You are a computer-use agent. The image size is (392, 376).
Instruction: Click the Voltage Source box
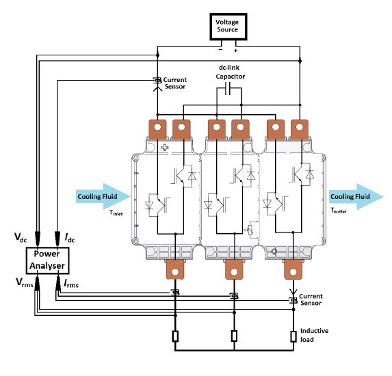click(x=228, y=27)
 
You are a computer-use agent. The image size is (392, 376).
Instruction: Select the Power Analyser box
click(x=47, y=260)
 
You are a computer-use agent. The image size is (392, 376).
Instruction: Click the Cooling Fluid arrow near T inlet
click(x=103, y=196)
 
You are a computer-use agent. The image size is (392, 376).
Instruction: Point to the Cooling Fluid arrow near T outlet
click(x=356, y=197)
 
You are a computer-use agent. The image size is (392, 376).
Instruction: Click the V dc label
click(x=21, y=237)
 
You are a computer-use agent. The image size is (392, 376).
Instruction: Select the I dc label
click(x=70, y=237)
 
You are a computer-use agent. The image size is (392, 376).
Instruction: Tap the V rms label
click(x=25, y=282)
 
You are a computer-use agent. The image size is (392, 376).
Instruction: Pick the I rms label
click(x=71, y=284)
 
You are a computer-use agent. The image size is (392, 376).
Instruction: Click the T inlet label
click(x=116, y=213)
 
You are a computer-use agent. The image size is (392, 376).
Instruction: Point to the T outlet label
click(x=339, y=211)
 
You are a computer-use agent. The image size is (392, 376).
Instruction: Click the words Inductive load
click(x=314, y=335)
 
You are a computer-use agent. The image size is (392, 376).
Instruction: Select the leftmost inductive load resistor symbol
click(x=175, y=336)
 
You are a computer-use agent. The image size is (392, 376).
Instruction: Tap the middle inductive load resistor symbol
click(x=234, y=336)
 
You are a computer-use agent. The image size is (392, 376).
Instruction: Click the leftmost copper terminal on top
click(x=157, y=129)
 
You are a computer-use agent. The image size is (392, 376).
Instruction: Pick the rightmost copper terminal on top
click(x=299, y=129)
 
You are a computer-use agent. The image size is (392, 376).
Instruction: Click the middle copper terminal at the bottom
click(x=234, y=269)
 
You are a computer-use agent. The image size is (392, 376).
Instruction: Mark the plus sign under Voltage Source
click(x=235, y=51)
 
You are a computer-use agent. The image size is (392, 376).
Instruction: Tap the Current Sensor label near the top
click(x=175, y=83)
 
